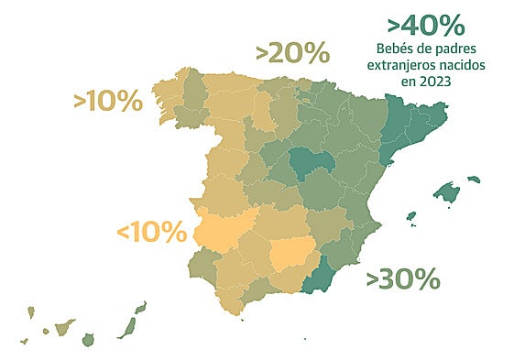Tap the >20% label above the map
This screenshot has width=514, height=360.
click(x=292, y=53)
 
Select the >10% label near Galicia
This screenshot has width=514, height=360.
click(x=107, y=101)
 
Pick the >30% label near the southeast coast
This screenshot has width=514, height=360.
click(x=403, y=278)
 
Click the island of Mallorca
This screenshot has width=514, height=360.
click(x=446, y=193)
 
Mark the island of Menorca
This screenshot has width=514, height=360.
click(x=473, y=180)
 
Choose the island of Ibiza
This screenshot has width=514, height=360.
click(x=410, y=218)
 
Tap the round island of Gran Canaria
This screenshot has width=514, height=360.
click(x=88, y=340)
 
